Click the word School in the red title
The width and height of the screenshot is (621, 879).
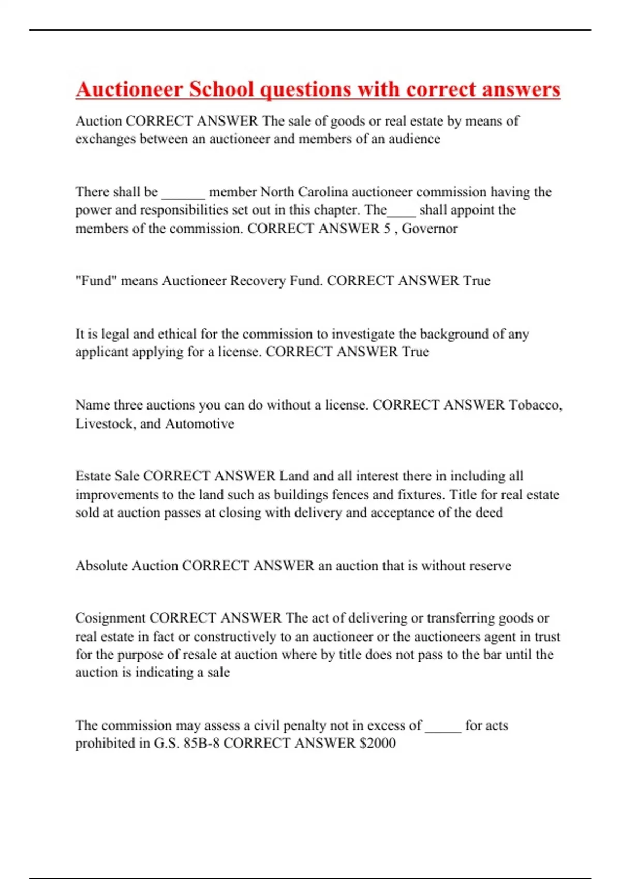click(221, 89)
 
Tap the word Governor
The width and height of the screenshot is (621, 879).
click(430, 229)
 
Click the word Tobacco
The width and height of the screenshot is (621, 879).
click(535, 405)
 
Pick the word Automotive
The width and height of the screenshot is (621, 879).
click(199, 424)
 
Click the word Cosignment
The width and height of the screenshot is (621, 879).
click(110, 618)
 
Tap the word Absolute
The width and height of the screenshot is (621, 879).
click(101, 566)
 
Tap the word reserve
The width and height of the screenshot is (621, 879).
click(487, 566)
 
